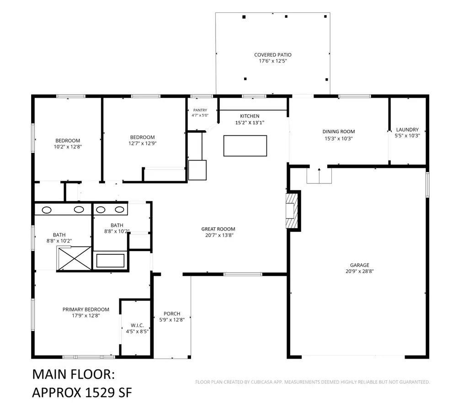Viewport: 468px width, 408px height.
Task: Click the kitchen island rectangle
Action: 245,146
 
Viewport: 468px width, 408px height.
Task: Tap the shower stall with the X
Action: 74,258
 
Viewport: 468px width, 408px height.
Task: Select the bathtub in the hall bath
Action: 111,260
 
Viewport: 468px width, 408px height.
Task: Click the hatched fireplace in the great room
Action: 292,211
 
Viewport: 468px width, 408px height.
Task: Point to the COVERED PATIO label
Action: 273,55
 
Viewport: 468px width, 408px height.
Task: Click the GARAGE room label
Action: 360,265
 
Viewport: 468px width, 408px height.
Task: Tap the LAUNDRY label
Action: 407,129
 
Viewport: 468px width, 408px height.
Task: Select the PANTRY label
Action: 200,110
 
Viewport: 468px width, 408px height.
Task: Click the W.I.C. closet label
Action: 137,325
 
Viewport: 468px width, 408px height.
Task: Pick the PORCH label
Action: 172,314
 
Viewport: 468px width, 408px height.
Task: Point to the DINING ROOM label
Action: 339,131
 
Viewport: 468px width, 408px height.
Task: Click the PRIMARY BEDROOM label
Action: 86,310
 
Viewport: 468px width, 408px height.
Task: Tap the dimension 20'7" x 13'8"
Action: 219,236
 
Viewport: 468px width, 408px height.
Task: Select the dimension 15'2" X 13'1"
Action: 250,123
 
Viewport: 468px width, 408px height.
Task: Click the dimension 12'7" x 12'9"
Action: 143,143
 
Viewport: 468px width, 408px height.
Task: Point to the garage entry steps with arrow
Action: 319,175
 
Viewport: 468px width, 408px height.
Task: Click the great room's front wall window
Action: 243,274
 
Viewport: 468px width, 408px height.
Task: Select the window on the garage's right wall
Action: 427,185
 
